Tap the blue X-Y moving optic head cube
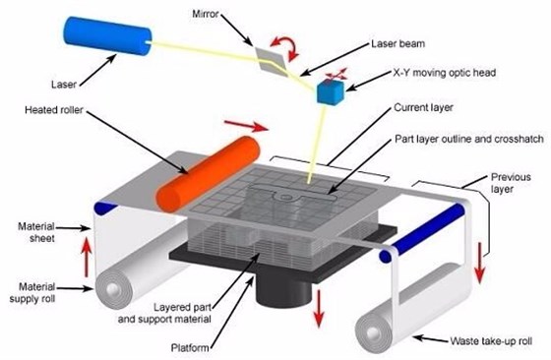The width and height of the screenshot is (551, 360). click(329, 92)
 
